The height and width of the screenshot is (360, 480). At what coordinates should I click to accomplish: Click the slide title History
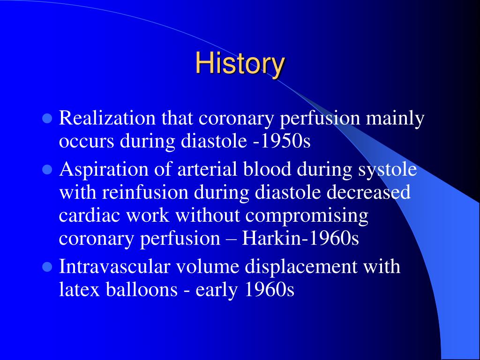pos(240,63)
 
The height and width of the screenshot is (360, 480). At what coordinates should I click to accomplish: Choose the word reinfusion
pos(145,192)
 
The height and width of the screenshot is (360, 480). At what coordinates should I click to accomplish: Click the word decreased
pos(368,192)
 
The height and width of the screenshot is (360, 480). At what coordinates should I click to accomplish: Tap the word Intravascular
pos(114,266)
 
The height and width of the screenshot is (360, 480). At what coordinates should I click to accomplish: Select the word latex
pos(79,289)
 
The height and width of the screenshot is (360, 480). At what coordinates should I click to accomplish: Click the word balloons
pos(142,289)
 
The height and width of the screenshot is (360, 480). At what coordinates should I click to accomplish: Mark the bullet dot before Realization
pos(47,118)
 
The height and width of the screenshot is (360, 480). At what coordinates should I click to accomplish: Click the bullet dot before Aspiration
pos(47,169)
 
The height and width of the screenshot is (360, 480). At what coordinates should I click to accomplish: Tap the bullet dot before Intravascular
pos(47,267)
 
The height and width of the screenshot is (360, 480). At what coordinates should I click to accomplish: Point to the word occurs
pos(86,142)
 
